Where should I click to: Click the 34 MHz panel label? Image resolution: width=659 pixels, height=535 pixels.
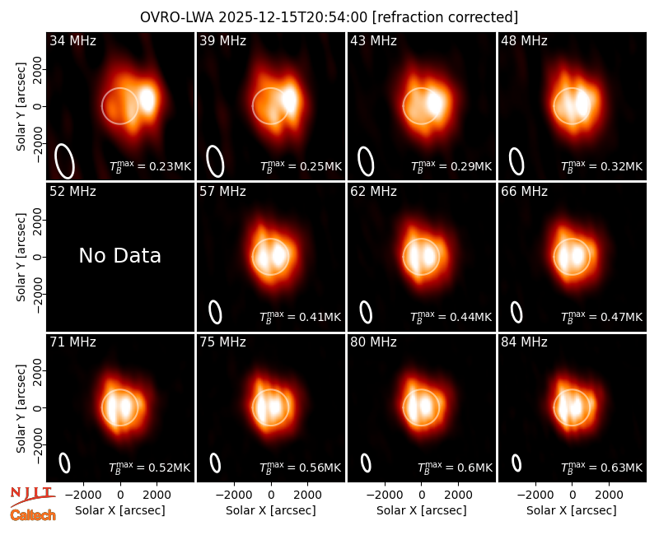(72, 40)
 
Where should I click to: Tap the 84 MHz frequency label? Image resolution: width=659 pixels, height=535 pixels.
(524, 342)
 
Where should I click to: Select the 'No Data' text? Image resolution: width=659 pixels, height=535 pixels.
(120, 256)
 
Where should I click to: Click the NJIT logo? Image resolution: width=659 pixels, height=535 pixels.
(33, 496)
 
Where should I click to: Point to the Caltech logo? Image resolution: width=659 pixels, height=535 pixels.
(33, 515)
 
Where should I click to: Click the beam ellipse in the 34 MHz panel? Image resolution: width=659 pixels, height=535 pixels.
(65, 161)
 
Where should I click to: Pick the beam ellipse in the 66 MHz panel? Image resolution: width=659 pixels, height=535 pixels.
(516, 313)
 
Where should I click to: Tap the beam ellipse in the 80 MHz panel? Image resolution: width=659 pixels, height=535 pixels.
(366, 463)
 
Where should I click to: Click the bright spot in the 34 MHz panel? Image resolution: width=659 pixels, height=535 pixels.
(147, 100)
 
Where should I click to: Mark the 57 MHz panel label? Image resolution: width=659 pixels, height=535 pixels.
(222, 192)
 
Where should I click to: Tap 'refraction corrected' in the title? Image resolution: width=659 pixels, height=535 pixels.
(446, 17)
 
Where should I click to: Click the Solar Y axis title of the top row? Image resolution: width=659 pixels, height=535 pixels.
(21, 107)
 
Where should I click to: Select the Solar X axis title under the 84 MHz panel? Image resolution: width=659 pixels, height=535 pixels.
(572, 510)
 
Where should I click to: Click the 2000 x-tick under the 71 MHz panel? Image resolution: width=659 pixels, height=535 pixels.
(157, 495)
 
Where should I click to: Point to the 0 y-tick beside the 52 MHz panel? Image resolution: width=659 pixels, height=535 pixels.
(39, 257)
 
